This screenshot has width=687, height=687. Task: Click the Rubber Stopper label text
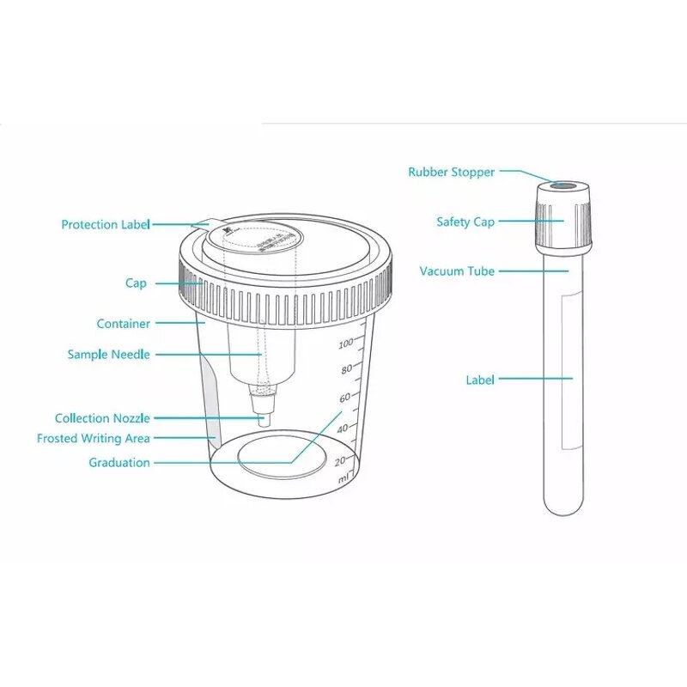(x=451, y=173)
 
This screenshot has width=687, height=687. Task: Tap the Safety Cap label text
(x=465, y=222)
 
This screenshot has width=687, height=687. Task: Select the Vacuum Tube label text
(x=457, y=271)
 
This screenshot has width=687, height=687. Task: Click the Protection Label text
(x=106, y=225)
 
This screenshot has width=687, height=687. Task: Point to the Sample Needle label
(x=109, y=355)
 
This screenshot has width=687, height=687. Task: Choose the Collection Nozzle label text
(x=102, y=419)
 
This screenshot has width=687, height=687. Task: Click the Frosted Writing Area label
(x=94, y=439)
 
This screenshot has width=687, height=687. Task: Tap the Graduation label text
(x=119, y=463)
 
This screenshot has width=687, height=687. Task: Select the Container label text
(x=123, y=325)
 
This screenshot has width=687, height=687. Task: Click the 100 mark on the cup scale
(x=346, y=344)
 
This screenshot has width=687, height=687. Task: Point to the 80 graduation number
(x=347, y=370)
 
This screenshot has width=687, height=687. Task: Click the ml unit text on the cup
(x=343, y=478)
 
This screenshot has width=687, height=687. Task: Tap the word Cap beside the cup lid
(x=136, y=283)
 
